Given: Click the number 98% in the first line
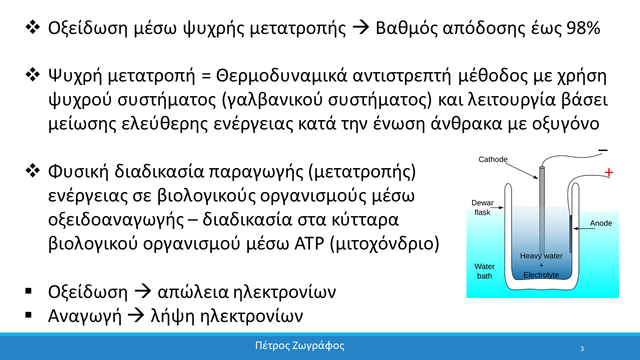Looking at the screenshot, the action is (x=583, y=28).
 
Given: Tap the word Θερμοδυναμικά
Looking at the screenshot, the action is (x=281, y=76).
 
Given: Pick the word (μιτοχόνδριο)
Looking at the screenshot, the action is (x=384, y=244).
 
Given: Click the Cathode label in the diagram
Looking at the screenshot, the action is (x=493, y=159).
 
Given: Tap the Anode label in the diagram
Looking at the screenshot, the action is (x=601, y=223).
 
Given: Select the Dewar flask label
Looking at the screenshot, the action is (x=482, y=207).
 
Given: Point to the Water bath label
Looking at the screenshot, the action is (x=484, y=271).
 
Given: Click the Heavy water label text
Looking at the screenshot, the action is (x=541, y=256).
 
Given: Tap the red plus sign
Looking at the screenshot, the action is (x=608, y=172).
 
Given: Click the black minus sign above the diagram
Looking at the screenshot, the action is (x=603, y=150).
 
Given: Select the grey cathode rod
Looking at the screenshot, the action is (x=542, y=210).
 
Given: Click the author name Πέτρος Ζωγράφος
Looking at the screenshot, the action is (x=299, y=345).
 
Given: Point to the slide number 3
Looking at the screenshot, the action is (x=582, y=349).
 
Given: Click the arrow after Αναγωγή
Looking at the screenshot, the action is (x=136, y=316).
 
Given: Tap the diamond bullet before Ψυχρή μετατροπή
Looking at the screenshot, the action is (x=32, y=75).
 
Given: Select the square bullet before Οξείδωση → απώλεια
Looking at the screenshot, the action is (x=28, y=291).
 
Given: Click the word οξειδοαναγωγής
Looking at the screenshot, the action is (x=116, y=220).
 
